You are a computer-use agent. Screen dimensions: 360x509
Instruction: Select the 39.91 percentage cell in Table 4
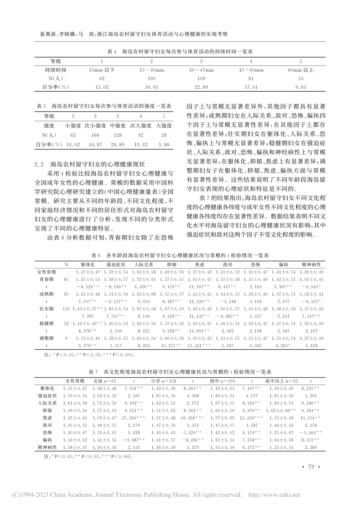click(152, 87)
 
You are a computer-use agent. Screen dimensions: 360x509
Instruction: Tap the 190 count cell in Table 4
click(152, 78)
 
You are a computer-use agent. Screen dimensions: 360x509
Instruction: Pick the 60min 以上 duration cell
click(301, 70)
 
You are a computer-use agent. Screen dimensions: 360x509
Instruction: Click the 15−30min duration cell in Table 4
click(152, 70)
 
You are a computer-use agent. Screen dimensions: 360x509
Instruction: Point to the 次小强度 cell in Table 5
click(95, 125)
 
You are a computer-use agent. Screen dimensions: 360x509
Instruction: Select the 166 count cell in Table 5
click(95, 134)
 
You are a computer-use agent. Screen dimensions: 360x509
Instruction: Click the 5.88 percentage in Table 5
click(164, 144)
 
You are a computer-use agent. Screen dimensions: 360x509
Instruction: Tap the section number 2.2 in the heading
click(39, 164)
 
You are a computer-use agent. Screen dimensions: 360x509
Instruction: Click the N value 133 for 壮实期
click(66, 309)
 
